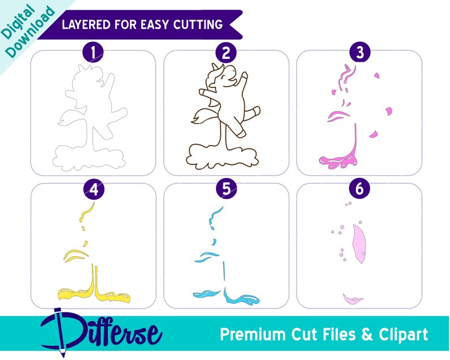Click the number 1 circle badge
(94, 53)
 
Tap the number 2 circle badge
(226, 53)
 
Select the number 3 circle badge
(360, 53)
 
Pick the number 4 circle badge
(94, 189)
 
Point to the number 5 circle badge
(227, 189)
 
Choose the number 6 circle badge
(359, 189)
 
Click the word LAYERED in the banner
(86, 24)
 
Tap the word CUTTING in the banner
(198, 24)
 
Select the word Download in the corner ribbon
(30, 32)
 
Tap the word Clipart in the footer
(403, 334)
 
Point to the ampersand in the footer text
(367, 334)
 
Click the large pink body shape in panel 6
(359, 243)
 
